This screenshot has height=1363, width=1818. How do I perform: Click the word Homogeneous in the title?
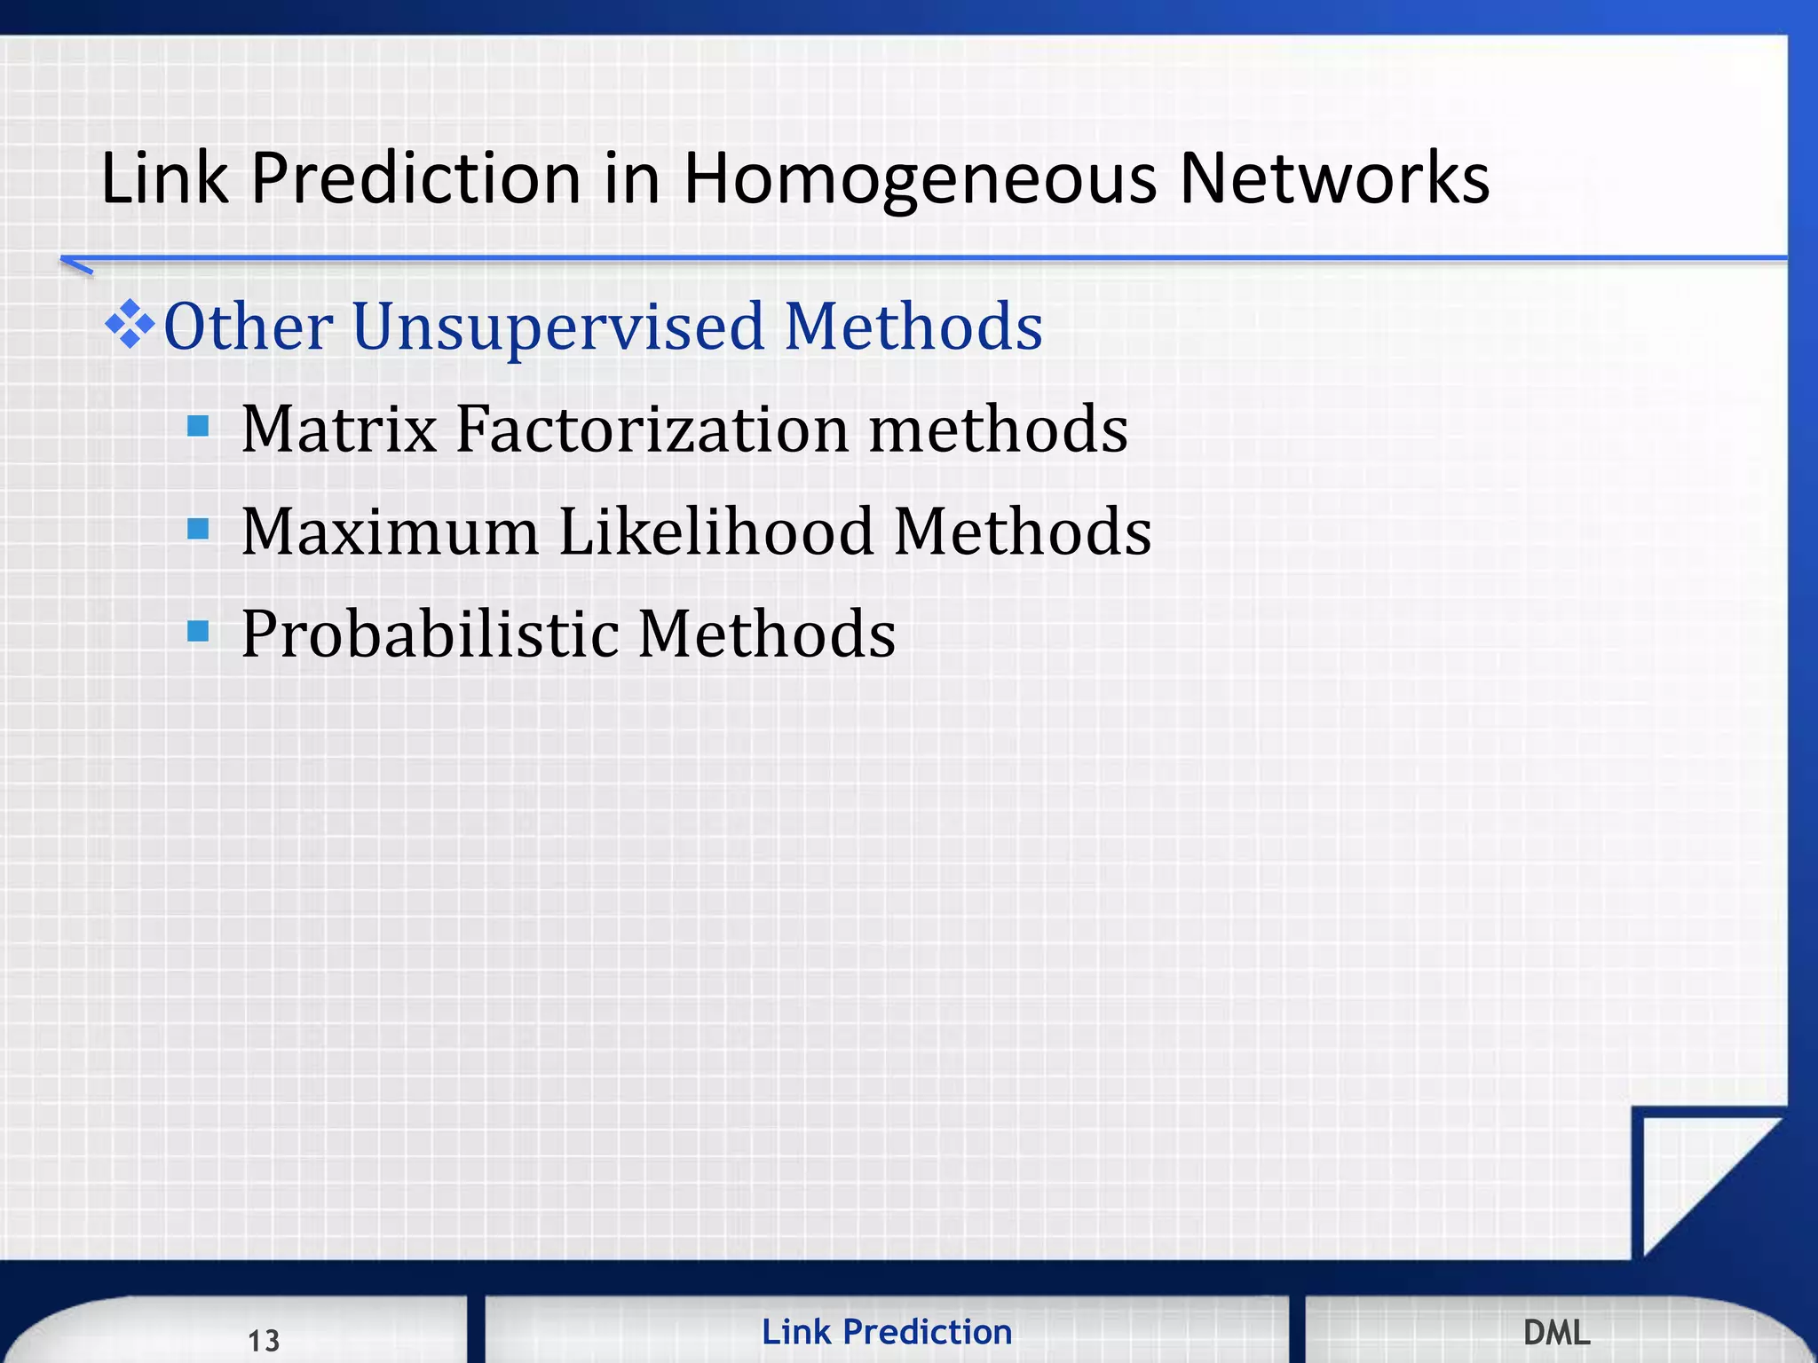click(x=919, y=179)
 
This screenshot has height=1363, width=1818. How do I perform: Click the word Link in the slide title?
click(x=164, y=179)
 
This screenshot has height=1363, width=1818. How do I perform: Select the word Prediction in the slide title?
click(x=415, y=179)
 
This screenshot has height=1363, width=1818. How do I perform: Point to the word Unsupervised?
click(x=557, y=327)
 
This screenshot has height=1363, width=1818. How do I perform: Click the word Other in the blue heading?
click(x=249, y=327)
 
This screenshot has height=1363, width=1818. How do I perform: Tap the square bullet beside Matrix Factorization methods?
click(x=198, y=427)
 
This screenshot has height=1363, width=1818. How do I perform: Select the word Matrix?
click(x=339, y=429)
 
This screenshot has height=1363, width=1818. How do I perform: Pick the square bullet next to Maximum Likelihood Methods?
click(x=198, y=530)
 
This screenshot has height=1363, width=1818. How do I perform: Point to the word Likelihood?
click(x=715, y=532)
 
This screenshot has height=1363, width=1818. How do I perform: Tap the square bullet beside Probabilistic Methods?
click(x=198, y=632)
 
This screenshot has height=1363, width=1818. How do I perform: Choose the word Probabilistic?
click(x=430, y=634)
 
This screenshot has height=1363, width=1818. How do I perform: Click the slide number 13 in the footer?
click(x=264, y=1340)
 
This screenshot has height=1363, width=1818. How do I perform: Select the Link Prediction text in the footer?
click(x=886, y=1332)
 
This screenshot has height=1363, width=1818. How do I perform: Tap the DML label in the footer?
click(x=1556, y=1332)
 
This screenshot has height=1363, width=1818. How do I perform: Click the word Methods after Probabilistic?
click(x=767, y=634)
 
